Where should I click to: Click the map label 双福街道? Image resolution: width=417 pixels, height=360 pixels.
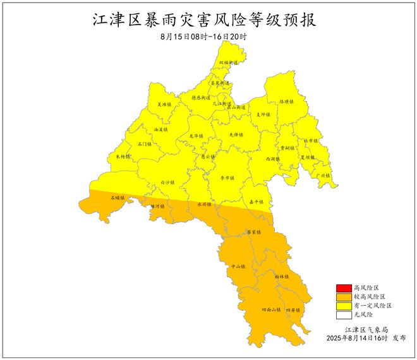pyautogui.click(x=228, y=63)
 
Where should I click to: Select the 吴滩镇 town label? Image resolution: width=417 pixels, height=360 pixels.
pyautogui.click(x=164, y=104)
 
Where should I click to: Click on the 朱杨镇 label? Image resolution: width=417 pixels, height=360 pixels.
pyautogui.click(x=123, y=156)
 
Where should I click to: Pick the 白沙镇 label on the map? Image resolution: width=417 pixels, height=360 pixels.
pyautogui.click(x=167, y=182)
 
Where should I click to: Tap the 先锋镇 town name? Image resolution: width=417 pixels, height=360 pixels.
pyautogui.click(x=235, y=135)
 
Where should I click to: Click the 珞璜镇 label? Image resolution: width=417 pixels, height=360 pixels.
pyautogui.click(x=286, y=101)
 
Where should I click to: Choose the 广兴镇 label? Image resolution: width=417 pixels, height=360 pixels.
pyautogui.click(x=323, y=175)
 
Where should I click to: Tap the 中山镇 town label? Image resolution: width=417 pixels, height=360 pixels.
pyautogui.click(x=238, y=267)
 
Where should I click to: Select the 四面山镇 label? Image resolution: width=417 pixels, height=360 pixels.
pyautogui.click(x=272, y=310)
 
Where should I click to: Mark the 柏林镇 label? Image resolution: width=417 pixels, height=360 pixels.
pyautogui.click(x=281, y=277)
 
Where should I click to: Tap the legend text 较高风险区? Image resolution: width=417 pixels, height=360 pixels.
pyautogui.click(x=370, y=297)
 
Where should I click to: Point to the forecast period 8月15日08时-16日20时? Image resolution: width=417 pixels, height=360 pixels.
pyautogui.click(x=203, y=37)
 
